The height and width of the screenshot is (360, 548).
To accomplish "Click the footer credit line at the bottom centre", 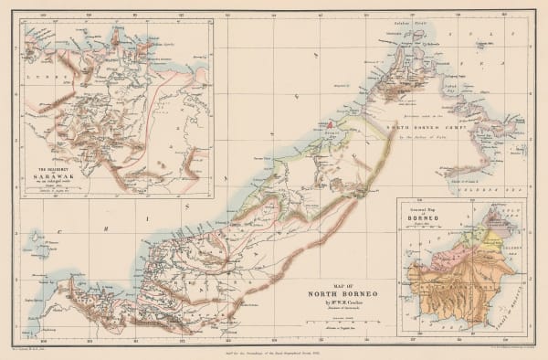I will [274, 354].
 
